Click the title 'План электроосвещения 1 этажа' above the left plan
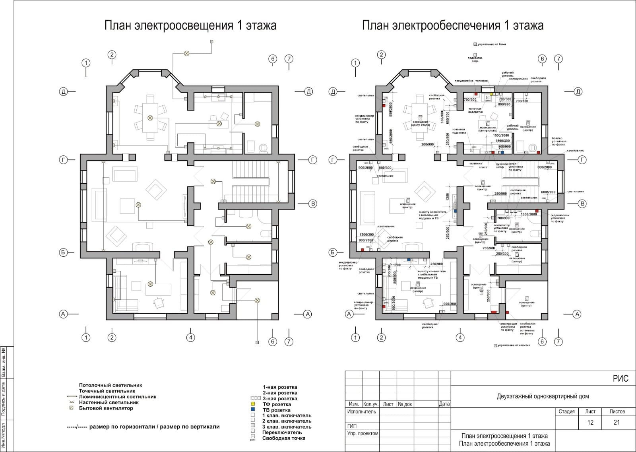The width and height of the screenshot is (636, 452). coord(190,26)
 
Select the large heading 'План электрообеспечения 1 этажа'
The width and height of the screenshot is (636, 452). coord(453,26)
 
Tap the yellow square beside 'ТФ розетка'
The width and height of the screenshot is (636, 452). coord(252,404)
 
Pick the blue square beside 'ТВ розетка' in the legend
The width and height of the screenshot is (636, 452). coord(252,409)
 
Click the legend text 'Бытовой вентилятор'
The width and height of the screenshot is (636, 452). coord(106,408)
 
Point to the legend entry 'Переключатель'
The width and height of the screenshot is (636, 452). coord(282,433)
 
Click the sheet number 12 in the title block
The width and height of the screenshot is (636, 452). coord(590,423)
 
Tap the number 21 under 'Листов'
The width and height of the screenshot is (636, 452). coord(617,423)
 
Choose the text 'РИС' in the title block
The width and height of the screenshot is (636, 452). coord(620,378)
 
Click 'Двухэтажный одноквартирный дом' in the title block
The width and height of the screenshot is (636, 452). coord(543,396)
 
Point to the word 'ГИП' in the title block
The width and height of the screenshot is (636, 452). coord(352,426)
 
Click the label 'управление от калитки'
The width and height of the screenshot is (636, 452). coord(514,345)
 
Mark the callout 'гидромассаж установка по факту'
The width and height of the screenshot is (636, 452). coord(560,218)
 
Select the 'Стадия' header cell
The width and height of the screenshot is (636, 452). coord(566,411)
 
